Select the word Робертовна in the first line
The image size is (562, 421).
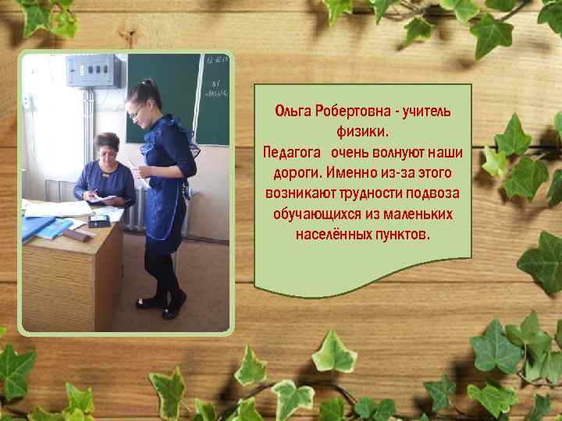pyautogui.click(x=351, y=111)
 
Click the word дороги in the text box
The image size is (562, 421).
pyautogui.click(x=297, y=172)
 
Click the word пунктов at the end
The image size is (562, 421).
pyautogui.click(x=400, y=233)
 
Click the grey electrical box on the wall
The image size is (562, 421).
pyautogui.click(x=94, y=71)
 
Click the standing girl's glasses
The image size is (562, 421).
pyautogui.click(x=137, y=111)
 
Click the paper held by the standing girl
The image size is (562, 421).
pyautogui.click(x=134, y=166)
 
